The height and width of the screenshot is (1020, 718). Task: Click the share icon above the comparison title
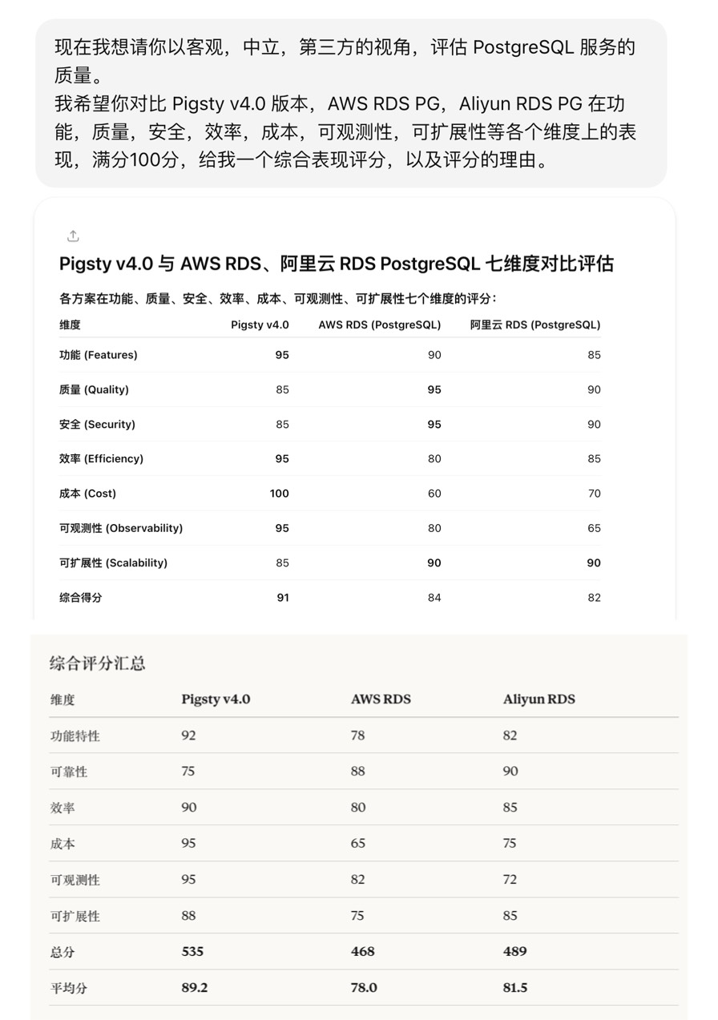click(x=73, y=236)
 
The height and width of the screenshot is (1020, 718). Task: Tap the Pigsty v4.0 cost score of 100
click(x=279, y=494)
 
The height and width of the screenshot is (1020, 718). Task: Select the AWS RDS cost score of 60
click(x=434, y=494)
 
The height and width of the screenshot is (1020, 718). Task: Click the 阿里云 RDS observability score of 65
click(x=594, y=528)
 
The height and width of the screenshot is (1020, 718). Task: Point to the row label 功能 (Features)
click(x=99, y=355)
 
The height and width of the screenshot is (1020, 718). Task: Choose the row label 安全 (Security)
click(x=97, y=424)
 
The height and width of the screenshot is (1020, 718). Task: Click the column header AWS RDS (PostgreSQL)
click(x=379, y=325)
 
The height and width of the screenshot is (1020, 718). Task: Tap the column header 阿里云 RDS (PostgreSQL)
click(x=534, y=325)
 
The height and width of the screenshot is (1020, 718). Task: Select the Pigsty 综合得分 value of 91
click(x=282, y=597)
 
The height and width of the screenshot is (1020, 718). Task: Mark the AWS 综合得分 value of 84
click(x=434, y=597)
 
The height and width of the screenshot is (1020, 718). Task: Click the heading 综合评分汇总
click(x=97, y=663)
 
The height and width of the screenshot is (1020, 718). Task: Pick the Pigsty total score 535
click(x=192, y=951)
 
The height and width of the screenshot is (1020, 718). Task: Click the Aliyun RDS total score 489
click(x=514, y=951)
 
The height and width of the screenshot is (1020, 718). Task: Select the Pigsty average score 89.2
click(x=194, y=987)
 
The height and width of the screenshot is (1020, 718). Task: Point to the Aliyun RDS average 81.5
click(x=515, y=987)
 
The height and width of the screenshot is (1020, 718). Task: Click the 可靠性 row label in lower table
click(x=69, y=771)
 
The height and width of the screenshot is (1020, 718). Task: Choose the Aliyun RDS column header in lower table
click(x=538, y=699)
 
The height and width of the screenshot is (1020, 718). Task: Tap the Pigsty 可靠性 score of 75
click(x=188, y=771)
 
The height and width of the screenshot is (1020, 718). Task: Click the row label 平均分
click(x=69, y=987)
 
